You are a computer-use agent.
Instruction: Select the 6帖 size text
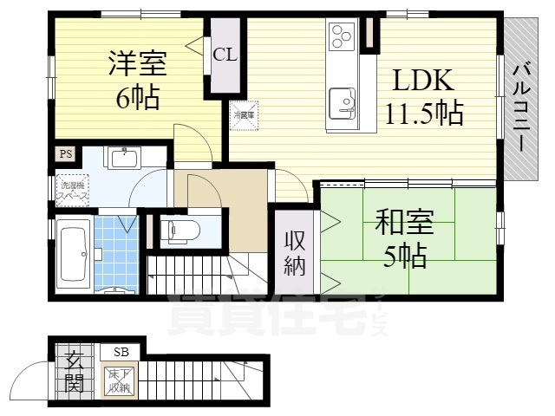[137, 98]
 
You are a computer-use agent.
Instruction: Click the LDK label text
[424, 81]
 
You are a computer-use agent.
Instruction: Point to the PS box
[64, 153]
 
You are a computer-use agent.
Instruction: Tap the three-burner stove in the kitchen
[339, 36]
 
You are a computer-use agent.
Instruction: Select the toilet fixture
[180, 231]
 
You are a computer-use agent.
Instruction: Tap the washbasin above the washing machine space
[123, 157]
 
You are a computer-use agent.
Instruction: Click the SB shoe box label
[120, 352]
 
